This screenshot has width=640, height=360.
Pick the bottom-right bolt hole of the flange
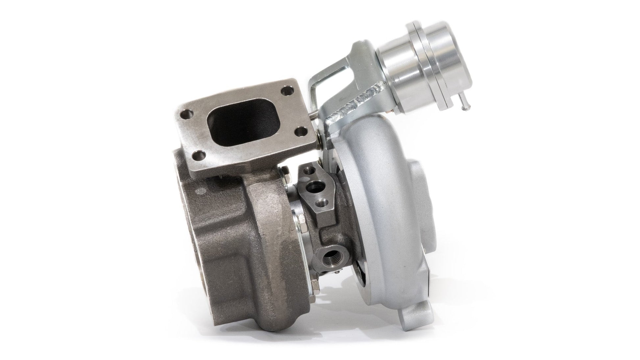pos(300,132)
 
